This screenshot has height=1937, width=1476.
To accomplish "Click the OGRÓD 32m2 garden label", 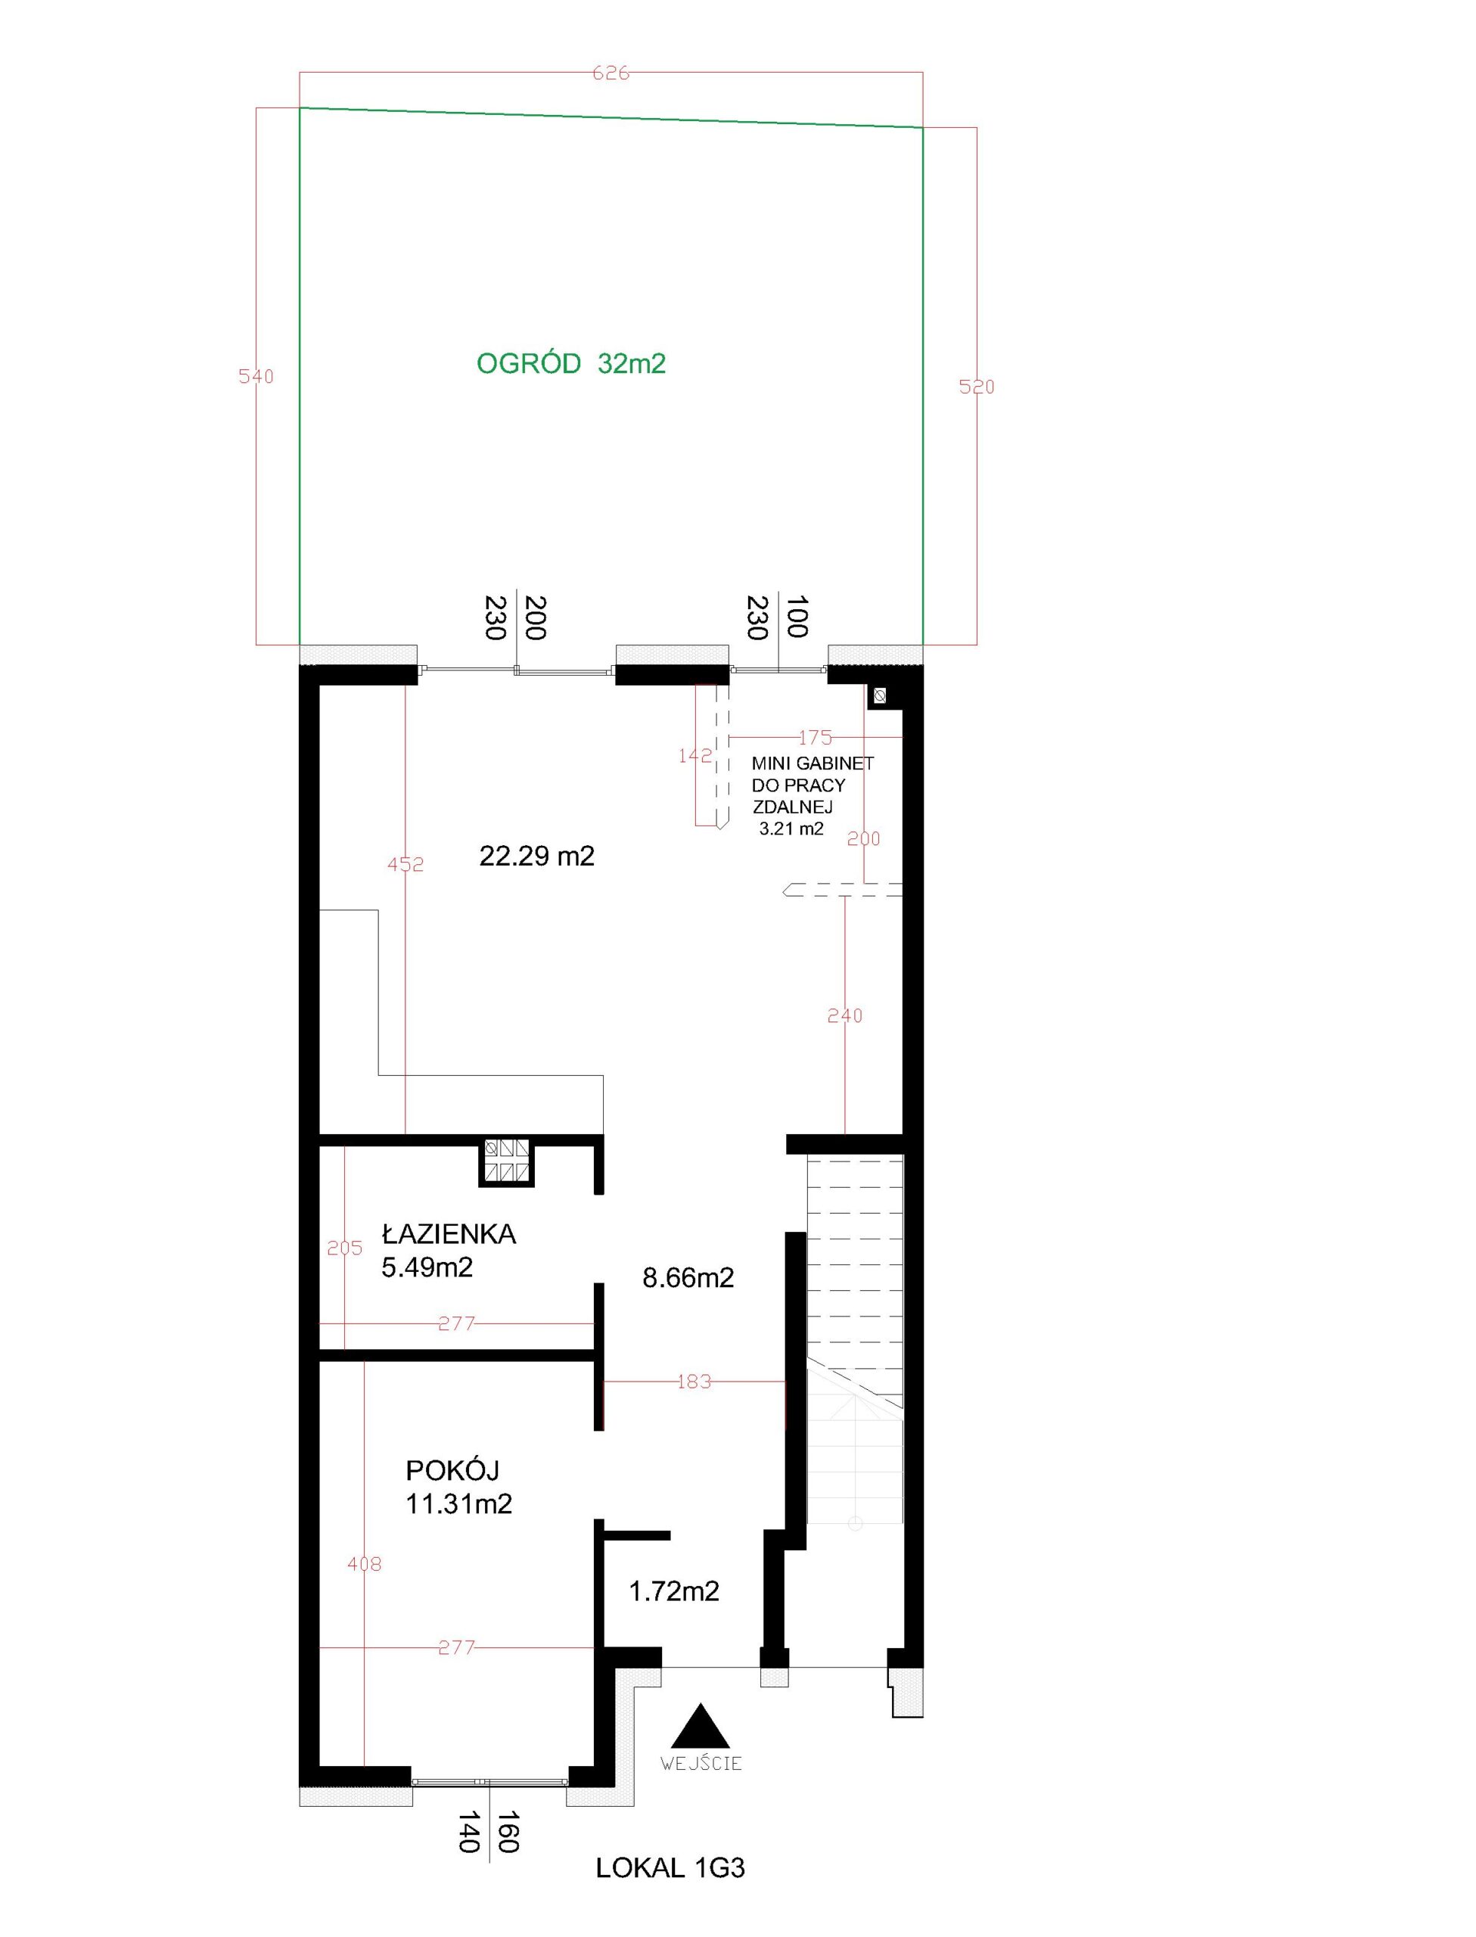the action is click(571, 364).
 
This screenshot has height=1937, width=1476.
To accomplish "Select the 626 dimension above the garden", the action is click(611, 74).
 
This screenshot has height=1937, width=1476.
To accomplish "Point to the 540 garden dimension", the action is click(256, 376).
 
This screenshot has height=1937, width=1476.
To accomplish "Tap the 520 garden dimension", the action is click(976, 387).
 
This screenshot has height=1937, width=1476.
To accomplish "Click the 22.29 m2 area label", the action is click(537, 856).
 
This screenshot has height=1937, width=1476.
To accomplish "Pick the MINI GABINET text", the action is click(813, 763).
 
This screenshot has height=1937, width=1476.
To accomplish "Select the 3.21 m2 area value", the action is click(791, 829).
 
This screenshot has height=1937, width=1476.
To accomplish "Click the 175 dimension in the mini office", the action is click(815, 738).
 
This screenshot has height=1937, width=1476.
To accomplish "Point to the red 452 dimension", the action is click(406, 864).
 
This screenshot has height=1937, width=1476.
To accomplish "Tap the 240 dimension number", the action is click(845, 1015).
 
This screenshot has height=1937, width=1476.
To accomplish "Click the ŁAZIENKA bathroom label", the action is click(449, 1234).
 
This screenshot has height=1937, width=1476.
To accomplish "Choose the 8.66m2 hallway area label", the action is click(688, 1277).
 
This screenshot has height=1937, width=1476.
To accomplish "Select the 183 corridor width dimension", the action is click(694, 1382).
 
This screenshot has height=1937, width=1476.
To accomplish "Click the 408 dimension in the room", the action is click(365, 1564).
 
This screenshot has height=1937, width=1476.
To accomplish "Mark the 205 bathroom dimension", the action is click(344, 1248).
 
